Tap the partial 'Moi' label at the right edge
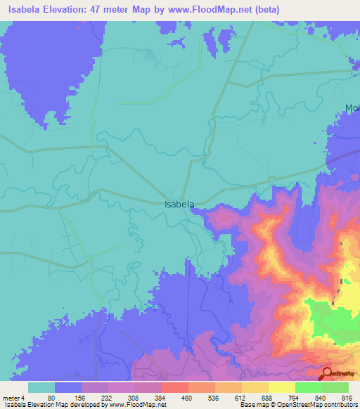[x=352, y=108]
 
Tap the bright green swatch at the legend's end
[x=335, y=387]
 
